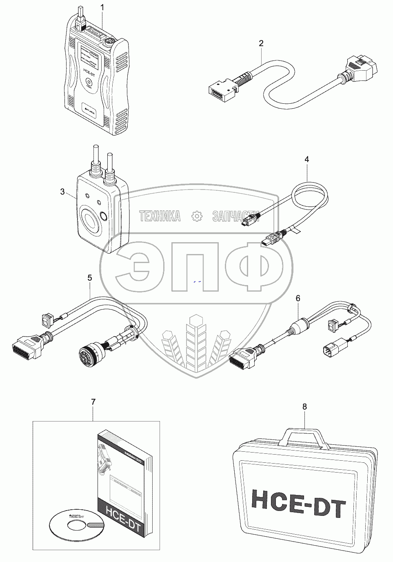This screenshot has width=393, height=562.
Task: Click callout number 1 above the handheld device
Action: (102, 8)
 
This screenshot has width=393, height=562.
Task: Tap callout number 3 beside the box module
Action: (62, 192)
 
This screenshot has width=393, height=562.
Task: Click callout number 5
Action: (90, 278)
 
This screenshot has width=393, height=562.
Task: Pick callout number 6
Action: (298, 299)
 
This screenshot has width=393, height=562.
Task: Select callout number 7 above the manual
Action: (93, 402)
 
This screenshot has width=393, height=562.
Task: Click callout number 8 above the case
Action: (304, 407)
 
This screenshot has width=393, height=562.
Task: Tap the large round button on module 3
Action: (89, 221)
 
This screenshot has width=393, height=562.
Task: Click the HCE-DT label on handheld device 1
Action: (91, 71)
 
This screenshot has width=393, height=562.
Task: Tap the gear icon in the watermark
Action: (197, 215)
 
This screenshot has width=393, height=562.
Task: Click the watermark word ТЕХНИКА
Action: (160, 216)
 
